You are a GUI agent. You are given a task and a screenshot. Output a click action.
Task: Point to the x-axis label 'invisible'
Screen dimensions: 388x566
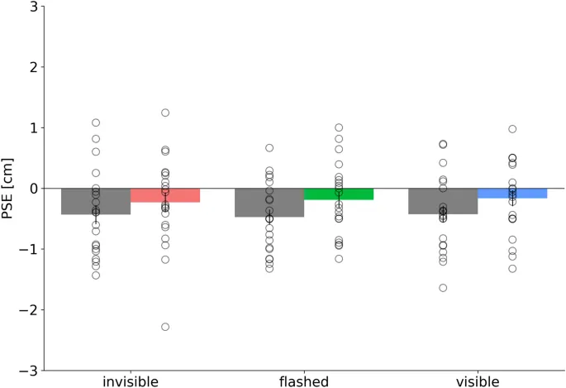click(131, 381)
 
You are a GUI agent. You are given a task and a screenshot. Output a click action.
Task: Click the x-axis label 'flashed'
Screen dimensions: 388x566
click(304, 381)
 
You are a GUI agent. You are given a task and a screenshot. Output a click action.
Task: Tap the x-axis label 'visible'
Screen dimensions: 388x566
click(478, 381)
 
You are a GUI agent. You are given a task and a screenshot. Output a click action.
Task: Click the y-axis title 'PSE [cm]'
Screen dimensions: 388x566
click(10, 189)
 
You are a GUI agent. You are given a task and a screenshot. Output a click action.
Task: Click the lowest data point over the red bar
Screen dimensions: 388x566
click(165, 327)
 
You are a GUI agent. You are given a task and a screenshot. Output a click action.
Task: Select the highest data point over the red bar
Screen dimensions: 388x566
click(165, 113)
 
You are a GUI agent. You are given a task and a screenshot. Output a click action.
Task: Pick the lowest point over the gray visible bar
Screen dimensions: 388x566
click(443, 288)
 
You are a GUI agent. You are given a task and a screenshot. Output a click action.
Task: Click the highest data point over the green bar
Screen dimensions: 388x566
click(339, 127)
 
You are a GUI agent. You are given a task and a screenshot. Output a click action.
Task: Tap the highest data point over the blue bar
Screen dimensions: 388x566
click(512, 129)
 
